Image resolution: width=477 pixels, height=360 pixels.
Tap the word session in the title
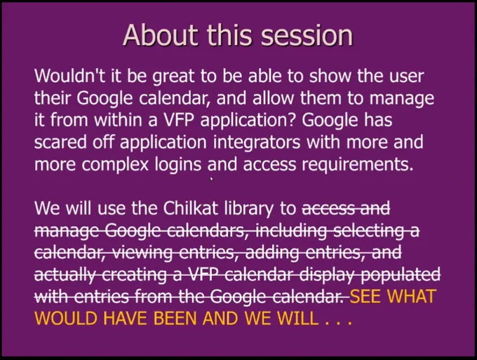tap(307, 35)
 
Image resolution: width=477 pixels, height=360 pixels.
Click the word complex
tap(115, 165)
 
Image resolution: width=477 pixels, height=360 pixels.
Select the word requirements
tap(358, 165)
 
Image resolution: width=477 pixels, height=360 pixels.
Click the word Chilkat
tap(191, 208)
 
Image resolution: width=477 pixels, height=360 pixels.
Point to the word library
tap(249, 209)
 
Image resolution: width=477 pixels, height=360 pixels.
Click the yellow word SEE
tap(365, 297)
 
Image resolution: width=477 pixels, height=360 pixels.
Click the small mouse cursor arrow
tap(212, 179)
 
